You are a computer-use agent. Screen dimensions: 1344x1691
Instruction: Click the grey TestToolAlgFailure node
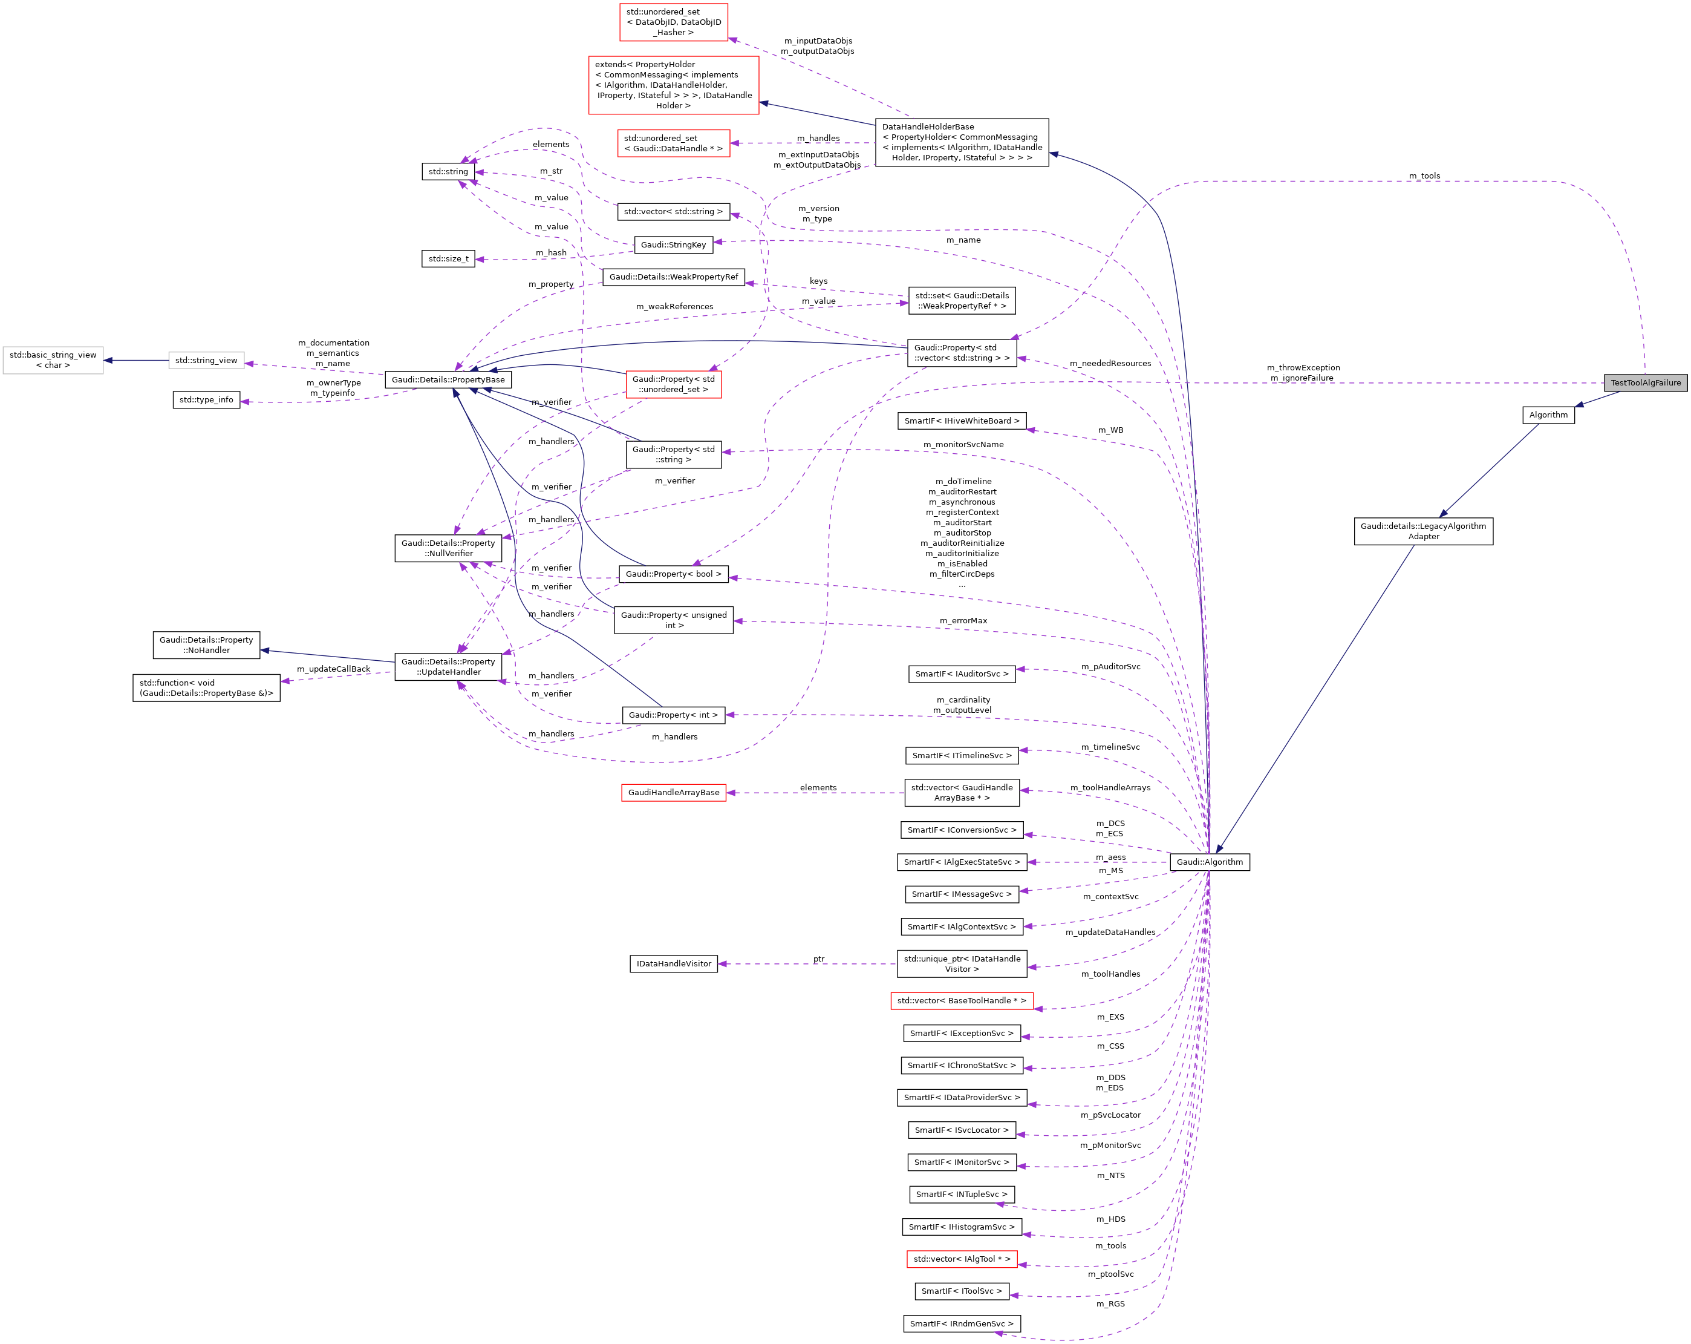pos(1644,383)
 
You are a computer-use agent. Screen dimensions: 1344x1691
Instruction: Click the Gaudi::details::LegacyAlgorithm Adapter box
pos(1422,531)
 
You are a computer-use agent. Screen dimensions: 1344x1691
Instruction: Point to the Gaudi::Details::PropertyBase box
pos(448,380)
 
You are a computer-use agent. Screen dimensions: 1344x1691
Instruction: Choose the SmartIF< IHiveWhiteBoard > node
pos(962,421)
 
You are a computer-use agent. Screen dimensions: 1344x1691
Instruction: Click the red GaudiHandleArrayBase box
pos(673,793)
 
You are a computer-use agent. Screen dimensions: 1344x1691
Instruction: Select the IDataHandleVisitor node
pos(673,963)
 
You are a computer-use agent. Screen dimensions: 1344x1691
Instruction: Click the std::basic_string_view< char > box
pos(53,360)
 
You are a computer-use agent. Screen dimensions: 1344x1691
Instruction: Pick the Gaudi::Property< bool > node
pos(673,574)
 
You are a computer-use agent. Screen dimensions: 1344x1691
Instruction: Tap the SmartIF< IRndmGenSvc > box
pos(961,1323)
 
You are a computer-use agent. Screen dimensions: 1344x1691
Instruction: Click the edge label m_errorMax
pos(963,621)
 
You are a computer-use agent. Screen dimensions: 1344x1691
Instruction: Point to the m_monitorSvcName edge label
pos(963,444)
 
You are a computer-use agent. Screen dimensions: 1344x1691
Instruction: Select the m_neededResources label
pos(1110,363)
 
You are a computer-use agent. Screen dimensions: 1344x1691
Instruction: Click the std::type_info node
pos(206,399)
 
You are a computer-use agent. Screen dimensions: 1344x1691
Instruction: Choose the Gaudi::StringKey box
pos(673,245)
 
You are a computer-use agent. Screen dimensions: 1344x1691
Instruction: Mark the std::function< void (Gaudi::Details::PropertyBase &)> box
pos(206,688)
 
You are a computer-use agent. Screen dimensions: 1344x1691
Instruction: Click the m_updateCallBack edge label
pos(333,669)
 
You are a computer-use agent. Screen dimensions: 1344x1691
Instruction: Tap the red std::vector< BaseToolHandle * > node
pos(962,1000)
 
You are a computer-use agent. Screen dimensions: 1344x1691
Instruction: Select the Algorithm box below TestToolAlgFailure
pos(1548,415)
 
